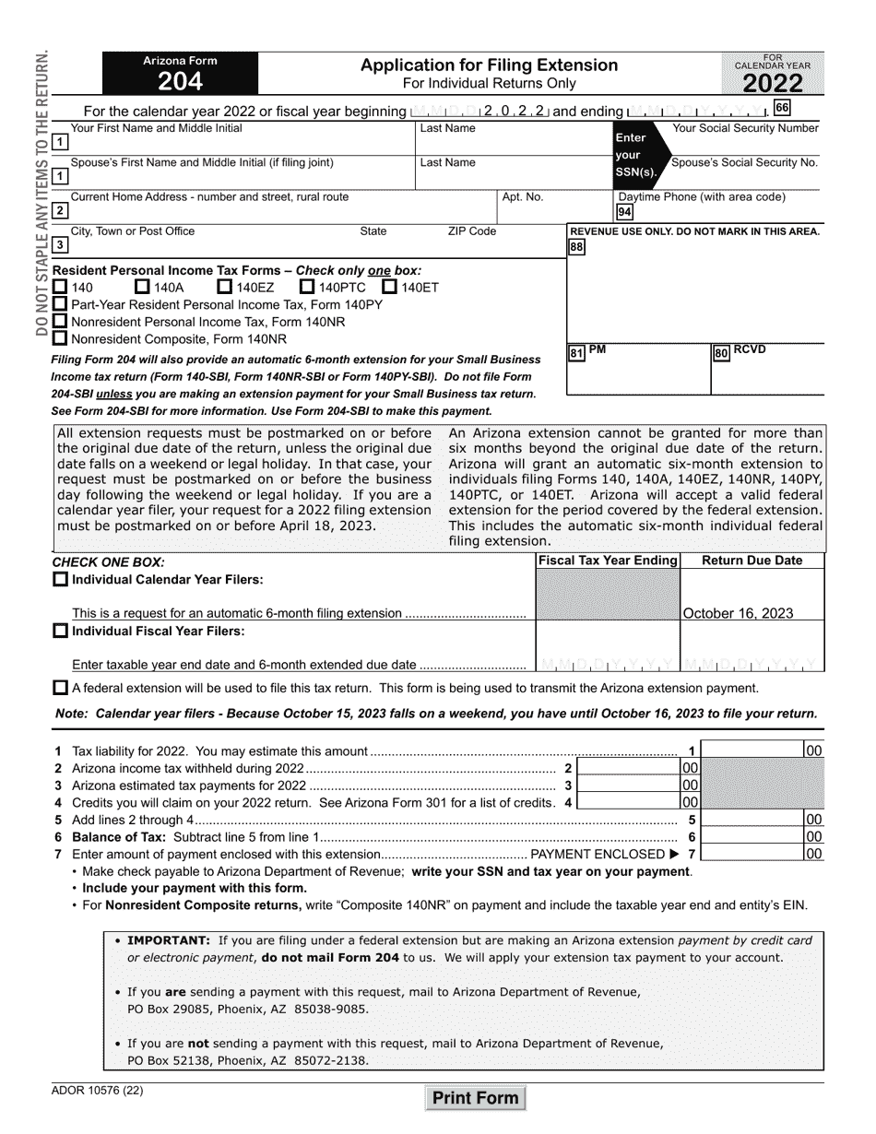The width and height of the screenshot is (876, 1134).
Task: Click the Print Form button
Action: [x=476, y=1098]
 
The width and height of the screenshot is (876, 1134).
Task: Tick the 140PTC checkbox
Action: [x=308, y=287]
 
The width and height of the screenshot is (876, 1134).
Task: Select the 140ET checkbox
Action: [x=389, y=287]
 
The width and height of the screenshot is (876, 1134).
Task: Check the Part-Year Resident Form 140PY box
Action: [x=60, y=304]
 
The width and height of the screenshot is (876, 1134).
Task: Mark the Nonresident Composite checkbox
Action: [x=60, y=338]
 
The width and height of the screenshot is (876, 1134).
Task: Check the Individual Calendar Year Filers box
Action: [x=60, y=579]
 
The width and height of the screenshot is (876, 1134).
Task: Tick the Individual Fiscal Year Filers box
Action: [x=60, y=632]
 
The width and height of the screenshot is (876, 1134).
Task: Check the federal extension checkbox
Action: [x=60, y=688]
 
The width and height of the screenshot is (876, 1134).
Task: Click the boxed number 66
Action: [x=782, y=108]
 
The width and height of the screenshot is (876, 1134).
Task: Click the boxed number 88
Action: [x=576, y=247]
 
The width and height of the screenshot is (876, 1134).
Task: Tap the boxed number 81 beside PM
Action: [x=576, y=353]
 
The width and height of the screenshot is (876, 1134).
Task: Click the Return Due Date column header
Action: [x=752, y=561]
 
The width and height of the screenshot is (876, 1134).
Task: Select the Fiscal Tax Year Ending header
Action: [x=608, y=561]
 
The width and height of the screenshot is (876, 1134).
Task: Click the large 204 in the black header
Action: [x=180, y=82]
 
